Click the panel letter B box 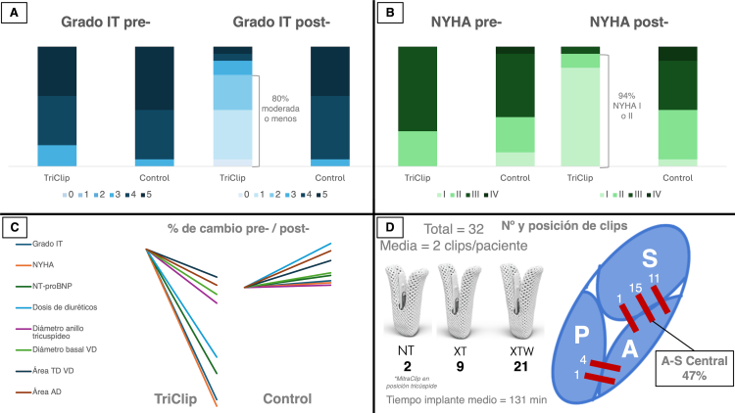tap(391, 14)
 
